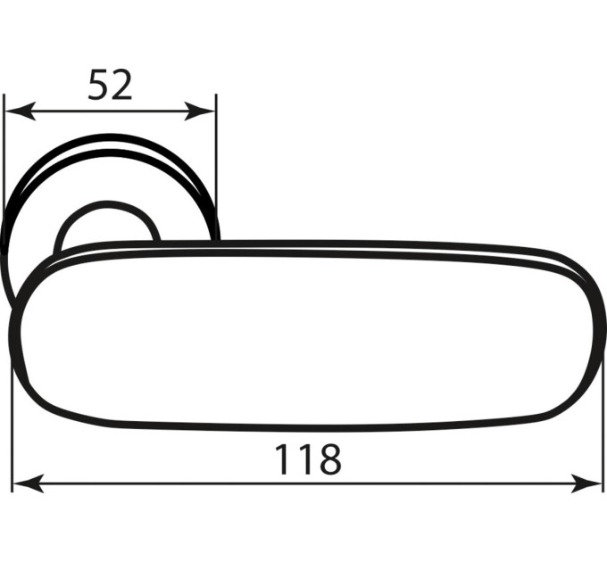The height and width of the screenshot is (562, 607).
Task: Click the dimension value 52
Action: tap(110, 85)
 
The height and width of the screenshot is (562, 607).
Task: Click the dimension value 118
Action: tap(308, 459)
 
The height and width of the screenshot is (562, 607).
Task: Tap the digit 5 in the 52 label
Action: tap(98, 85)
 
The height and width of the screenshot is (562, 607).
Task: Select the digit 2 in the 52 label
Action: tap(121, 85)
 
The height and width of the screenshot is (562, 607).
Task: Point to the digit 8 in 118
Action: tap(329, 459)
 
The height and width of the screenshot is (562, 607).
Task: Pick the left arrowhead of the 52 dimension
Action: tap(21, 111)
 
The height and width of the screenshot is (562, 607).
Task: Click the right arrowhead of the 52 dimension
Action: tap(199, 111)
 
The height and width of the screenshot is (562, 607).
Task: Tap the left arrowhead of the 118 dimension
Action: tap(29, 483)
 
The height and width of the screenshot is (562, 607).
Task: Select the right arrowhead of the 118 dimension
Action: tap(586, 483)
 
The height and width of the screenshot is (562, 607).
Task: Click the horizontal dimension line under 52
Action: tap(110, 111)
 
